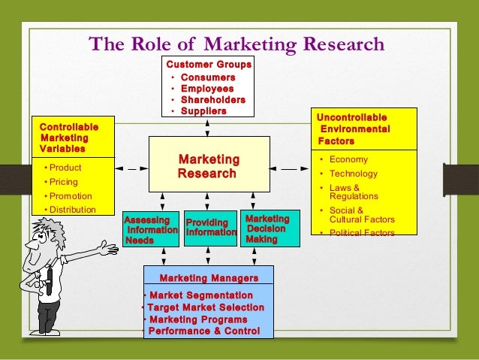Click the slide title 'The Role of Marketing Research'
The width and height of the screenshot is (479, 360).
click(x=236, y=44)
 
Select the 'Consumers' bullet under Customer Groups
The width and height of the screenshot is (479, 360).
click(x=208, y=77)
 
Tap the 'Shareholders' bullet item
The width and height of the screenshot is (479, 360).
click(x=212, y=100)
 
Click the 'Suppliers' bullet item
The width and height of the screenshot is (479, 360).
click(x=203, y=111)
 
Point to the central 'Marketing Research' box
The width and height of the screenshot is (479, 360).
click(x=208, y=166)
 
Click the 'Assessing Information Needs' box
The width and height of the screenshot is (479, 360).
click(x=151, y=230)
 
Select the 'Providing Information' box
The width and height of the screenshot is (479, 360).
click(x=211, y=228)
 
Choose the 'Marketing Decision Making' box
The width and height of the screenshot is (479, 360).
click(x=267, y=228)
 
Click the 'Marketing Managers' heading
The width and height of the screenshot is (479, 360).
click(x=209, y=278)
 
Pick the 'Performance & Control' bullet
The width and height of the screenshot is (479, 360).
click(x=203, y=331)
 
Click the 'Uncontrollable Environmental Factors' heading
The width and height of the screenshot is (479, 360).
click(x=353, y=129)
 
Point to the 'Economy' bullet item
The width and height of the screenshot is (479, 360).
click(x=348, y=159)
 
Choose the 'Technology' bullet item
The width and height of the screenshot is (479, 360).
click(x=354, y=174)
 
